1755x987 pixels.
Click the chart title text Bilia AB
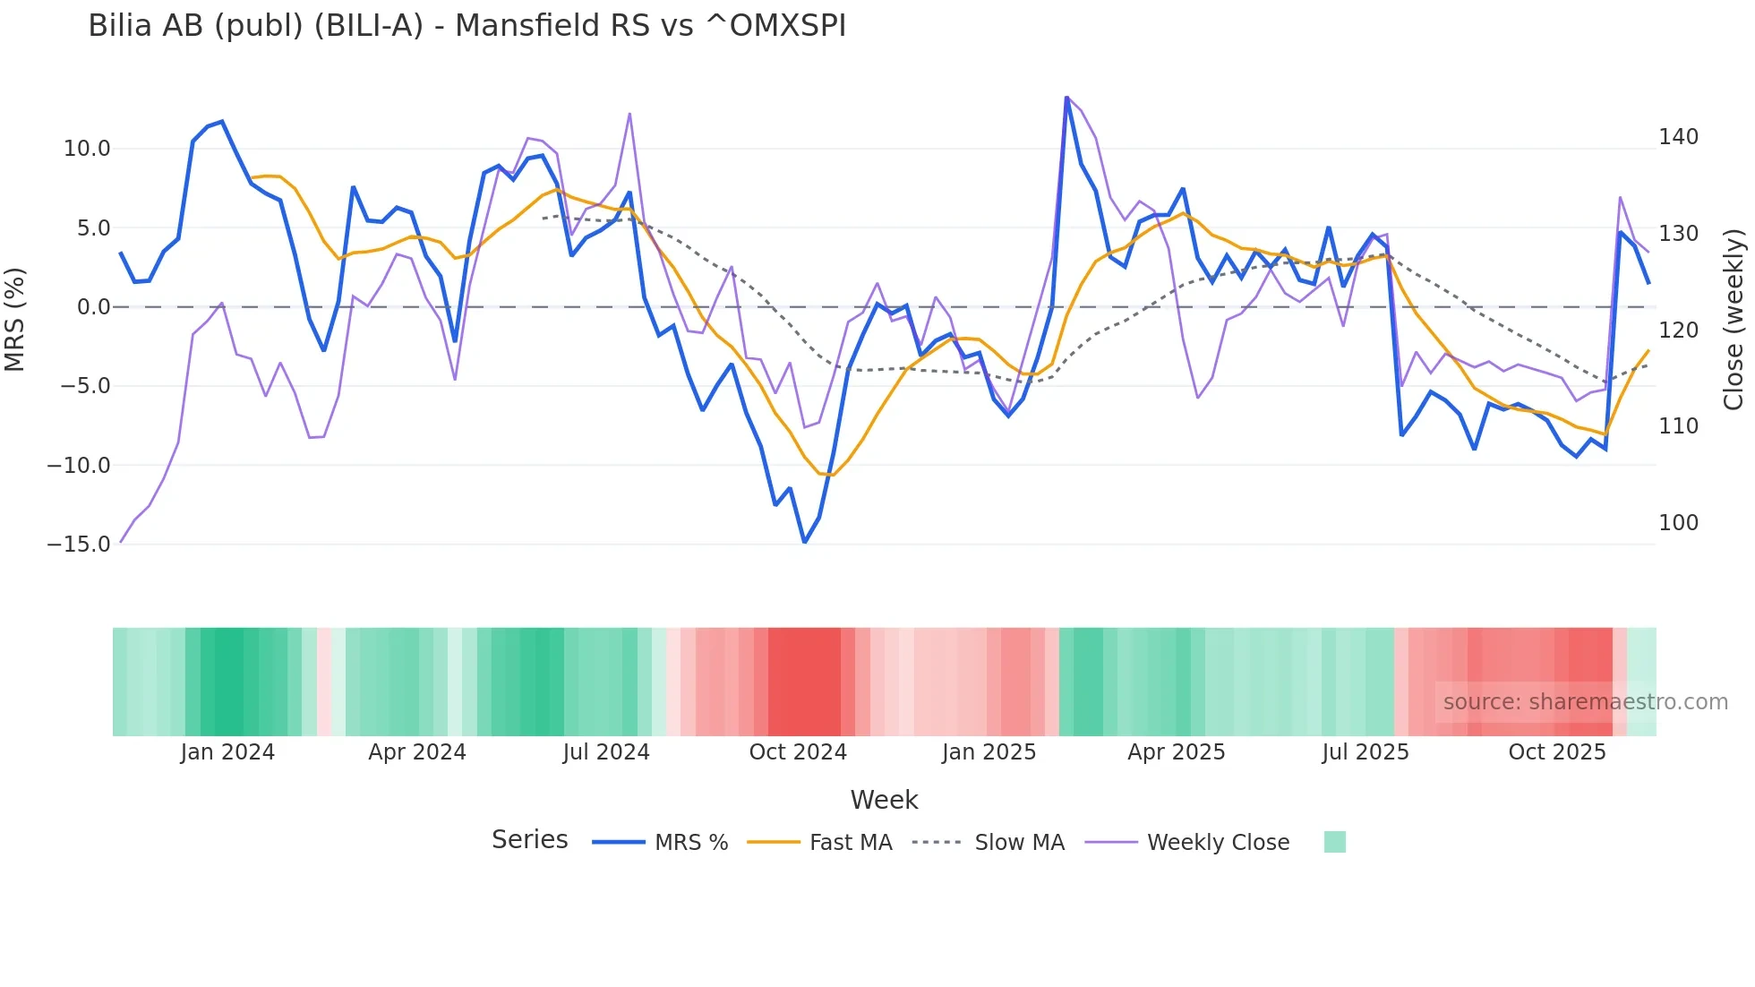click(466, 26)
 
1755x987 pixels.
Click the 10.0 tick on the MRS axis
click(87, 149)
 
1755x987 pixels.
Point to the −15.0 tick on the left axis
click(79, 544)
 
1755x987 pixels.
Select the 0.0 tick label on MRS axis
click(93, 307)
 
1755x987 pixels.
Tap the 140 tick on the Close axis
click(1678, 137)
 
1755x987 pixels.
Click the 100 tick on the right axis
click(1678, 522)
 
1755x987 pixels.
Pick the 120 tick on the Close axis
click(1678, 330)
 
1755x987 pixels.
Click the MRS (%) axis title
click(15, 319)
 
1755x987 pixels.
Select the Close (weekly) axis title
click(1734, 319)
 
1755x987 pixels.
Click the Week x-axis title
click(884, 800)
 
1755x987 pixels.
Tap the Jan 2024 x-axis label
click(227, 752)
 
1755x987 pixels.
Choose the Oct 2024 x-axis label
click(798, 752)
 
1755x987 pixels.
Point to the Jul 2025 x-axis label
click(1365, 752)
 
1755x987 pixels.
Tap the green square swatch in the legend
click(1334, 842)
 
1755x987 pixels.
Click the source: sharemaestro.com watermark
click(1585, 702)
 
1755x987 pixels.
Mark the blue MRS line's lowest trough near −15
click(804, 542)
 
